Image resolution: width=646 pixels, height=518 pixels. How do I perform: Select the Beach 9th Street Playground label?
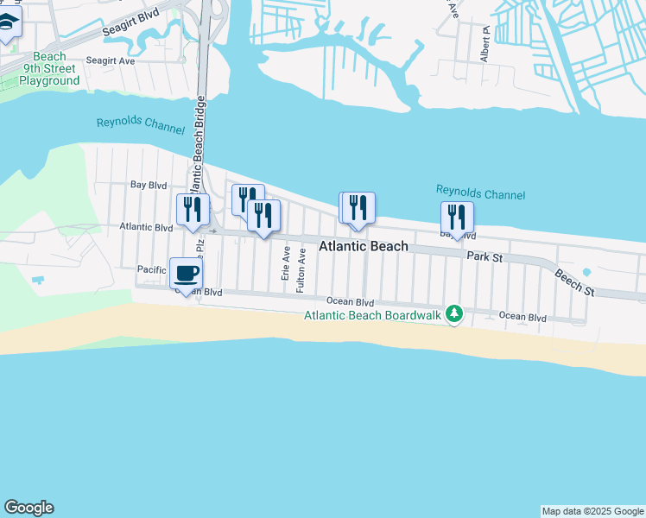tap(50, 68)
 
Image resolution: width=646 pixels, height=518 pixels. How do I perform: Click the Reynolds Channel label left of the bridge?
tap(141, 126)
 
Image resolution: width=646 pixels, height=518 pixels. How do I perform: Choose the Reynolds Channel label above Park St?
tap(480, 193)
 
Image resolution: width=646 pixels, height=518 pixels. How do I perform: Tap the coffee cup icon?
tap(186, 274)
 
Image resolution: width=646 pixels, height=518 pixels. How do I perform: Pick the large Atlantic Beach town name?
tap(364, 246)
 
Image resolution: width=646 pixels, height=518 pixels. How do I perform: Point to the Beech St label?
tap(575, 282)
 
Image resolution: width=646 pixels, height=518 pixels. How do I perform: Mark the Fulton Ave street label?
tap(301, 270)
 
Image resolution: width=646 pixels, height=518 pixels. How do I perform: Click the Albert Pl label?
tap(486, 43)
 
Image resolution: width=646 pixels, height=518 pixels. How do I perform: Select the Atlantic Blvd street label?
tap(146, 227)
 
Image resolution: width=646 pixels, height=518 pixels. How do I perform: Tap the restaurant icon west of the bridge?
tap(192, 209)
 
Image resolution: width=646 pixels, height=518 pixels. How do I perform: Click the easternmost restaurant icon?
tap(457, 217)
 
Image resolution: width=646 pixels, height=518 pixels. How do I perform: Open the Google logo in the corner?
tap(28, 508)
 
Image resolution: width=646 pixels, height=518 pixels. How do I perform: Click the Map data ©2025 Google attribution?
tap(592, 511)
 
